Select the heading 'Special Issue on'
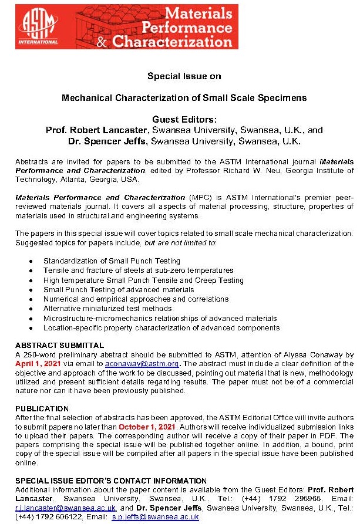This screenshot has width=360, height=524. pyautogui.click(x=184, y=76)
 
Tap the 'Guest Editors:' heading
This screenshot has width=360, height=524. pyautogui.click(x=184, y=119)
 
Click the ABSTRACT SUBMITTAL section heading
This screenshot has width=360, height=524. pyautogui.click(x=59, y=346)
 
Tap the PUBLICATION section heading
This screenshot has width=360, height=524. pyautogui.click(x=42, y=408)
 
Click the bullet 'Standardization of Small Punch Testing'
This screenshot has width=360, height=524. pyautogui.click(x=112, y=261)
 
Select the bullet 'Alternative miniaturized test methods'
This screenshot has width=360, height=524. pyautogui.click(x=107, y=309)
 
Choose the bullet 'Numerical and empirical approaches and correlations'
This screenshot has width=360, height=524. pyautogui.click(x=127, y=299)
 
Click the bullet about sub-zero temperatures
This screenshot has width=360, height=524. pyautogui.click(x=138, y=271)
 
